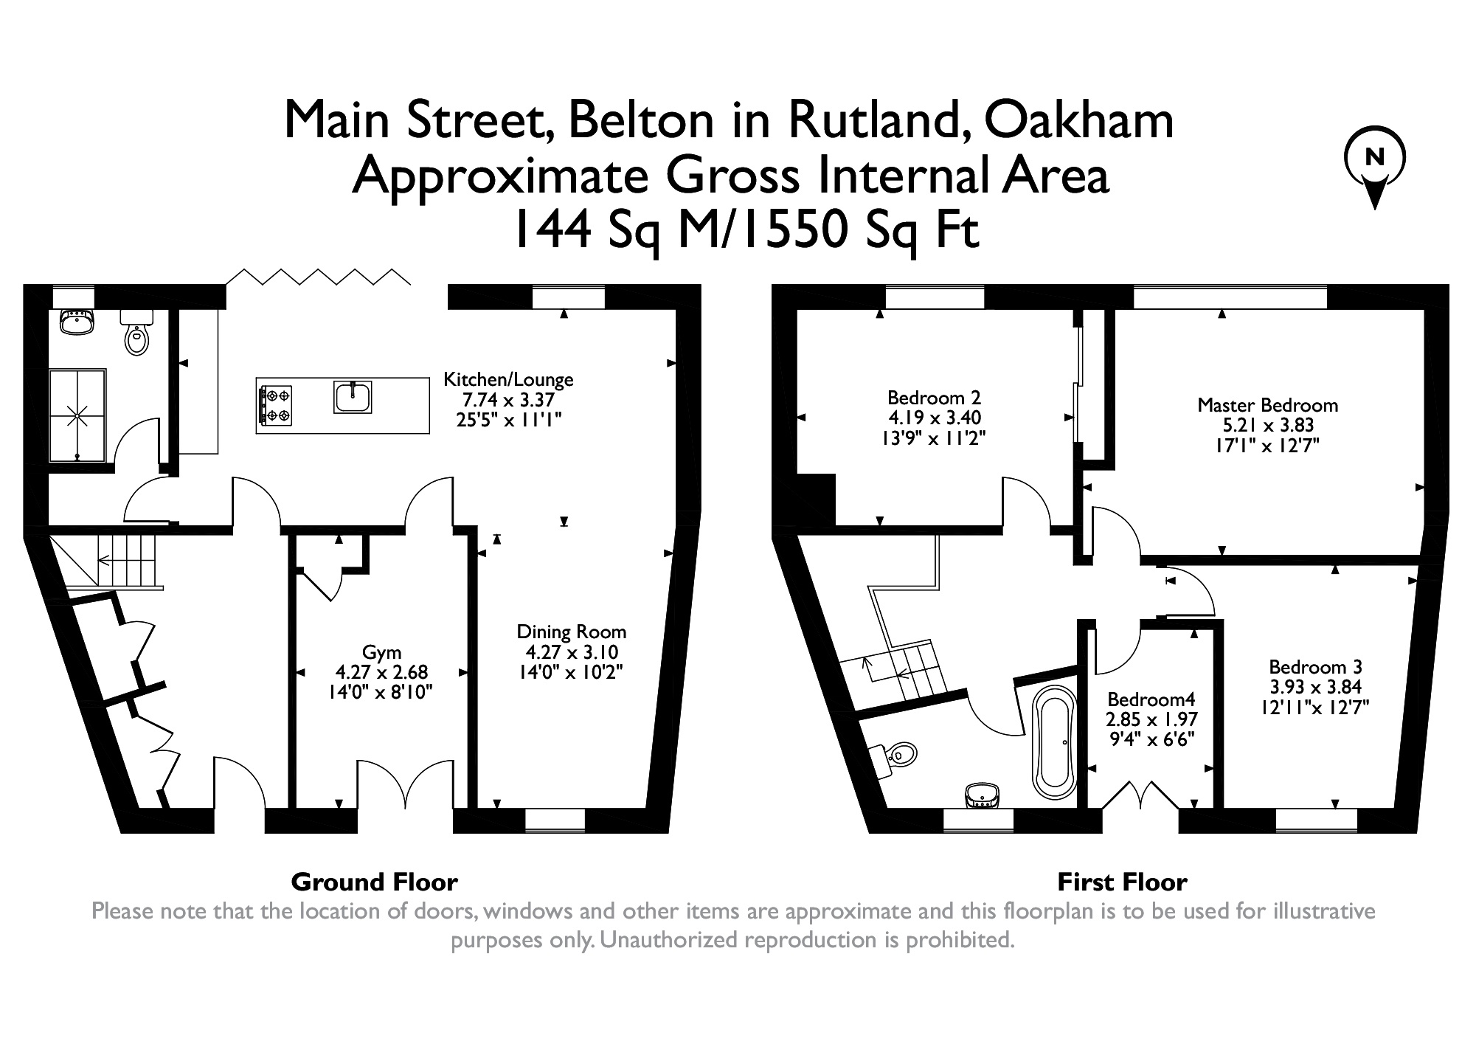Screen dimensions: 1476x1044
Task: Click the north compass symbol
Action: (1374, 167)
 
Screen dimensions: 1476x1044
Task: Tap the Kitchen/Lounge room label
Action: (507, 380)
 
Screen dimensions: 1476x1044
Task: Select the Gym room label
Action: (381, 652)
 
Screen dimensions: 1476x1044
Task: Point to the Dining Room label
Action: (571, 632)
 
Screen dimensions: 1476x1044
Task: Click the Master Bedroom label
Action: (1267, 405)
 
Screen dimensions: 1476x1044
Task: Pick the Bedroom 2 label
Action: (934, 398)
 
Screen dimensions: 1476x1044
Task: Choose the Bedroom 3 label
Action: (1314, 667)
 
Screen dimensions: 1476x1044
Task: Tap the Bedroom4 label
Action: (1151, 699)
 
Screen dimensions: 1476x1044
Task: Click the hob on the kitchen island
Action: (275, 405)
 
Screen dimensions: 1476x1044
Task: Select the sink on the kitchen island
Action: (353, 396)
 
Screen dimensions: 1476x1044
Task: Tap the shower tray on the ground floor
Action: (77, 415)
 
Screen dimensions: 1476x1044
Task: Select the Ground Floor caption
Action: (374, 882)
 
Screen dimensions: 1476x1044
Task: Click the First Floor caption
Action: (1122, 882)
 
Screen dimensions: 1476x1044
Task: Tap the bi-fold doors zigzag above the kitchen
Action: (318, 277)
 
